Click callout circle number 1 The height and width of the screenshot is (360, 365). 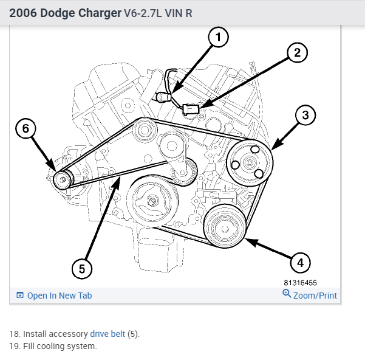point(218,37)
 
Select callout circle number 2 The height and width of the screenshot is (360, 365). point(297,53)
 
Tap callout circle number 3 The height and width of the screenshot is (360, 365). point(305,114)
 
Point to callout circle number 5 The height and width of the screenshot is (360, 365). point(82,268)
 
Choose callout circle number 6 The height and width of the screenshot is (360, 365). point(26,128)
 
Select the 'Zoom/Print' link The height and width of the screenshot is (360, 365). point(315,296)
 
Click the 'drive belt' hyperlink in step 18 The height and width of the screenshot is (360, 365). point(107,334)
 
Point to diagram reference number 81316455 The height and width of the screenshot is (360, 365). point(300,283)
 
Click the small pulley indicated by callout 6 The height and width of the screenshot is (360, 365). point(62,179)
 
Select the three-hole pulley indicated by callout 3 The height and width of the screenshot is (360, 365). point(249,163)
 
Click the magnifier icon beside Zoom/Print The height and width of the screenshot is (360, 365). point(287,294)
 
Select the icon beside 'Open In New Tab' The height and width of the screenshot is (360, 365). point(20,296)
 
